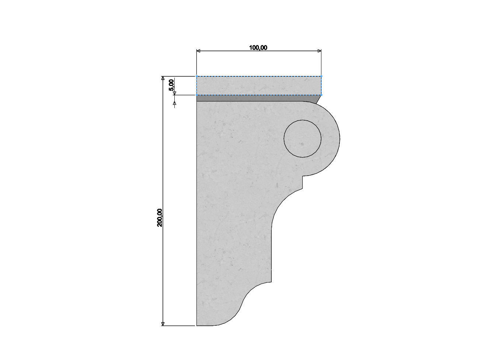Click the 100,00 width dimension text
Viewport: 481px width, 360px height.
coord(258,47)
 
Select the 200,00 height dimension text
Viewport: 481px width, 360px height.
coord(160,217)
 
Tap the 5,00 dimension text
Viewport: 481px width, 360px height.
coord(171,85)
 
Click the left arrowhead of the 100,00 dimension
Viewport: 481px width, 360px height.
coord(198,51)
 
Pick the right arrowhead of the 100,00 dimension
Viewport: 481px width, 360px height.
coord(319,51)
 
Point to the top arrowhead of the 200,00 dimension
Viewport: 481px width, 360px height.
coord(163,78)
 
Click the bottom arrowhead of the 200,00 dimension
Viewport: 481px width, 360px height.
coord(163,323)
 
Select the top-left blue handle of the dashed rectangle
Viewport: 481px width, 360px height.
coord(196,76)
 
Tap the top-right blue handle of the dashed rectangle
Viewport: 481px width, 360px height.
coord(321,76)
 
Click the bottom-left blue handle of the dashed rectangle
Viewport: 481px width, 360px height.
coord(196,95)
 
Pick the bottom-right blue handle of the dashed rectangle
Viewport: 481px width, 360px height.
coord(321,95)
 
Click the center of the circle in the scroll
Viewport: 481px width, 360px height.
coord(302,139)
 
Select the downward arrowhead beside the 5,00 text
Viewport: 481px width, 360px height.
coord(174,93)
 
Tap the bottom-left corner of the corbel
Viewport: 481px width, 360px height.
coord(197,326)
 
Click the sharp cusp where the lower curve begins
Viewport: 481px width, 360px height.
coord(272,282)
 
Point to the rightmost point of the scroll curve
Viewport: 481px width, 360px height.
coord(339,138)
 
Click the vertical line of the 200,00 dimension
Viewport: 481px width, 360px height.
coord(163,166)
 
